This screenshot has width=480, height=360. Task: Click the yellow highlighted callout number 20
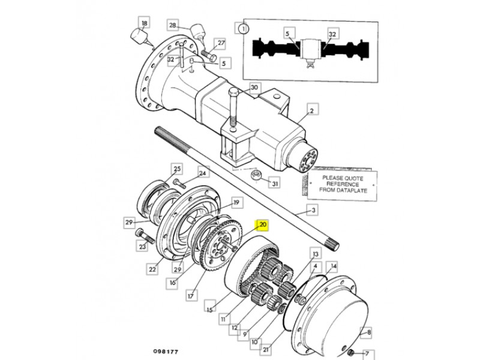tap(262, 225)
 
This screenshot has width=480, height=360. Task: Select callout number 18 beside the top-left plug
tap(144, 23)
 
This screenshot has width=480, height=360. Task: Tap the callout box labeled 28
tap(173, 25)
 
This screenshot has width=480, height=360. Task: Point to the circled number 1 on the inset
tap(244, 29)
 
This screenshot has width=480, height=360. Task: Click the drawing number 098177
tap(166, 351)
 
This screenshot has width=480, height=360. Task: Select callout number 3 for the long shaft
tap(313, 211)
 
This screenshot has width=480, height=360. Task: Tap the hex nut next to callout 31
tap(256, 175)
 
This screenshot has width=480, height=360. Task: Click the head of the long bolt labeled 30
tap(233, 91)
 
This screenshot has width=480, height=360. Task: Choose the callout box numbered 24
tap(202, 173)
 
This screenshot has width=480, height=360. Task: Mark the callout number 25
tap(177, 169)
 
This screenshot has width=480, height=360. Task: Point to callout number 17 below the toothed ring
tap(191, 296)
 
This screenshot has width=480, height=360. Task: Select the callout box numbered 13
tap(316, 254)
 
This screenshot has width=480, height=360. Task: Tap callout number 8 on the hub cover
tap(369, 332)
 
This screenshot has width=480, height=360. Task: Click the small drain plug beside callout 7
tap(352, 353)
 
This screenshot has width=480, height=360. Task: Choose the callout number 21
tap(265, 349)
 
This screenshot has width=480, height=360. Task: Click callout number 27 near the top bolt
tap(221, 43)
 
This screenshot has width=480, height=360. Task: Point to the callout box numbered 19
tap(236, 203)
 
